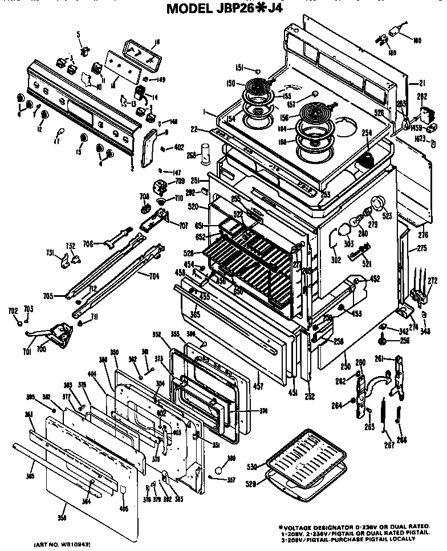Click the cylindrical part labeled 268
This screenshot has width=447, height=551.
pyautogui.click(x=207, y=154)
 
